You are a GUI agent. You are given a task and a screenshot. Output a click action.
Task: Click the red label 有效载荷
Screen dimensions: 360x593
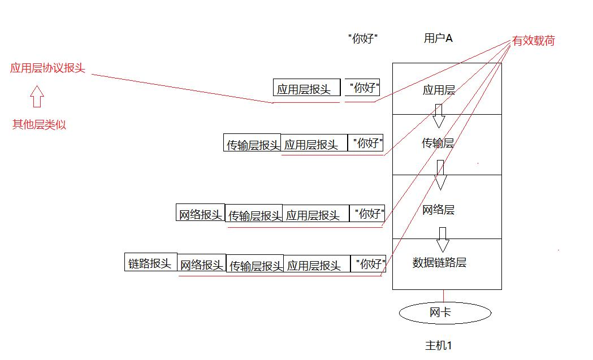pyautogui.click(x=533, y=41)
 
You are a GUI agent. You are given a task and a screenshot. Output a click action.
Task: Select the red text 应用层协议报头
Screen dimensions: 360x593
pyautogui.click(x=47, y=68)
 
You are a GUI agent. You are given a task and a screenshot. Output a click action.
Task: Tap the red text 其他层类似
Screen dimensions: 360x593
pyautogui.click(x=39, y=125)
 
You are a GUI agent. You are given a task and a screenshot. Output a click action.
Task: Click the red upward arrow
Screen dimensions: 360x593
pyautogui.click(x=37, y=96)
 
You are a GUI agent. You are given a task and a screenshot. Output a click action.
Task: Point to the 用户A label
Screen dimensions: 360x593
pyautogui.click(x=438, y=38)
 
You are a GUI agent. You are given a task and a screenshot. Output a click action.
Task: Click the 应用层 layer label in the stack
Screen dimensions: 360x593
pyautogui.click(x=439, y=89)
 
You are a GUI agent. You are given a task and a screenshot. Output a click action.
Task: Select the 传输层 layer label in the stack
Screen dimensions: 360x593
pyautogui.click(x=438, y=143)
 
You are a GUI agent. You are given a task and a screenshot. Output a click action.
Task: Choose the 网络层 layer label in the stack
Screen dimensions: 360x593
pyautogui.click(x=438, y=210)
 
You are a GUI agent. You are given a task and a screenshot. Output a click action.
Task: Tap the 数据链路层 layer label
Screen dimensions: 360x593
pyautogui.click(x=439, y=262)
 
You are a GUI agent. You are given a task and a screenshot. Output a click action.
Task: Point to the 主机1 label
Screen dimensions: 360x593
pyautogui.click(x=438, y=345)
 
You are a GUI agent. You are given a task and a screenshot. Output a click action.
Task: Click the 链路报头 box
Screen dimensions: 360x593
pyautogui.click(x=150, y=263)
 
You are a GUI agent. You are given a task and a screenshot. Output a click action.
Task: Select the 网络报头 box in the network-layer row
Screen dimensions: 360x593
pyautogui.click(x=201, y=214)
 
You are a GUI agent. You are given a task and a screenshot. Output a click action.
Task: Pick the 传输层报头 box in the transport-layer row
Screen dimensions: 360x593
pyautogui.click(x=252, y=144)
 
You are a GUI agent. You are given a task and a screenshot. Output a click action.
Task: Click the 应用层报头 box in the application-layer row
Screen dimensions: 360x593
pyautogui.click(x=306, y=88)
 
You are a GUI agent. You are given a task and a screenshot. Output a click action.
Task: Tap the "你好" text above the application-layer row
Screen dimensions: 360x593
pyautogui.click(x=362, y=39)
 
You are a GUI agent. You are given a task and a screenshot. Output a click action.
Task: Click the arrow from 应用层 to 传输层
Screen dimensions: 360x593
pyautogui.click(x=439, y=115)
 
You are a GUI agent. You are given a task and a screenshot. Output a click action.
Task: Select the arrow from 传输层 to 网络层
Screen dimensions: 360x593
pyautogui.click(x=440, y=175)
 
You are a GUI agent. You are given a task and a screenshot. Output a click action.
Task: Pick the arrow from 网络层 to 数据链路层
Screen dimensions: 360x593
pyautogui.click(x=443, y=240)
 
